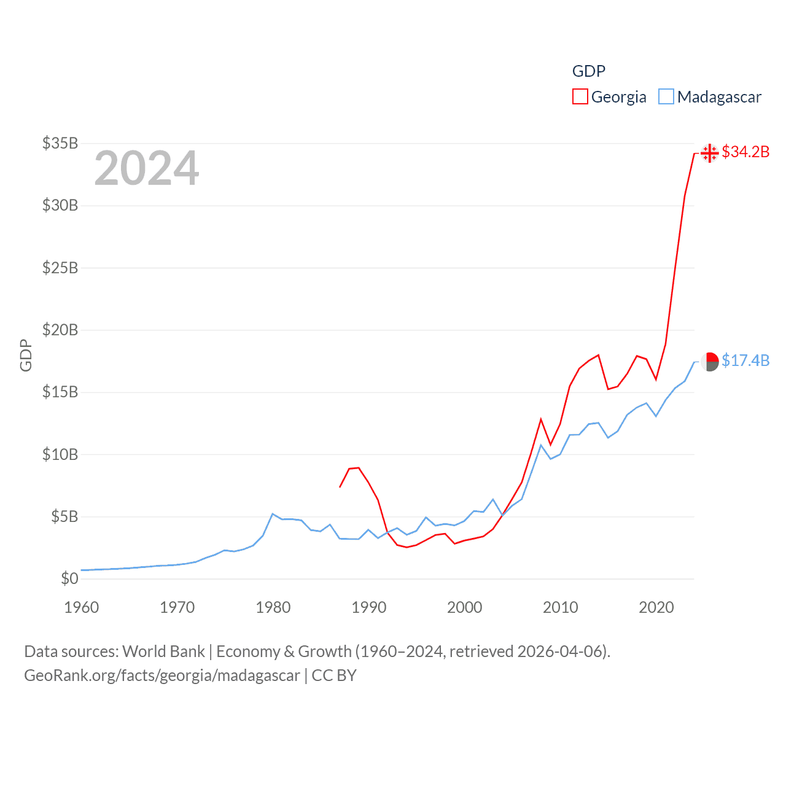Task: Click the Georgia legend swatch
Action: pyautogui.click(x=580, y=97)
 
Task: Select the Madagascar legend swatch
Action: pyautogui.click(x=666, y=97)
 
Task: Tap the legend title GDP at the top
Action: pyautogui.click(x=588, y=71)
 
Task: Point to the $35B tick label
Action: pyautogui.click(x=60, y=143)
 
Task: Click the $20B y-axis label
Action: pyautogui.click(x=60, y=330)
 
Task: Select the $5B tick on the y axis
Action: pyautogui.click(x=64, y=516)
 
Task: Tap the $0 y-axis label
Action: pyautogui.click(x=69, y=578)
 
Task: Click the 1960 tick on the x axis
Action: pyautogui.click(x=82, y=607)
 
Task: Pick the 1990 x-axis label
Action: pyautogui.click(x=368, y=607)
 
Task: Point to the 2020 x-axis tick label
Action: pyautogui.click(x=656, y=607)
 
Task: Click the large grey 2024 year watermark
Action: pyautogui.click(x=147, y=168)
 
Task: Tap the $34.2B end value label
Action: pyautogui.click(x=745, y=152)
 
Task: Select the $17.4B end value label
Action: pyautogui.click(x=745, y=360)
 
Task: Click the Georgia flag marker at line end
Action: pyautogui.click(x=709, y=153)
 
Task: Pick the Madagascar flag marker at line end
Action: pyautogui.click(x=709, y=362)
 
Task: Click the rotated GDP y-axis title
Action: pyautogui.click(x=26, y=355)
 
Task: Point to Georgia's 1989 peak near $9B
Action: pyautogui.click(x=359, y=468)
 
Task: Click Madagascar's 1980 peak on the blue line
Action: pyautogui.click(x=273, y=514)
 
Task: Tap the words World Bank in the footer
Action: pyautogui.click(x=163, y=651)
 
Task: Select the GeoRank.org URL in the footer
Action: pyautogui.click(x=162, y=675)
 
